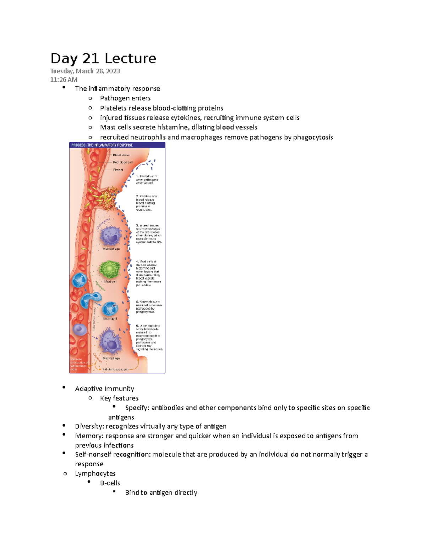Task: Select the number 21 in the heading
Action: [x=91, y=59]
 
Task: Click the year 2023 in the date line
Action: [x=113, y=71]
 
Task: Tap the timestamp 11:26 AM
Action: [x=64, y=80]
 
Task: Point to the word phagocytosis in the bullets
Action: [x=313, y=137]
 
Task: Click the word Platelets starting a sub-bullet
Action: [x=113, y=108]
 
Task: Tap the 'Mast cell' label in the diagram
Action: [x=110, y=282]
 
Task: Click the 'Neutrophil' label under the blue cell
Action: [x=110, y=318]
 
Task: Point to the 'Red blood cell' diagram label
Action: [x=122, y=162]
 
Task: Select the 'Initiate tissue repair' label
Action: [x=115, y=369]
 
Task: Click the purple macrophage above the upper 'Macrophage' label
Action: [x=111, y=235]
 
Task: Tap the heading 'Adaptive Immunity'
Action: [x=104, y=388]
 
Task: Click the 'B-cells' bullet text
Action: [x=110, y=483]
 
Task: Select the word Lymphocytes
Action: [x=95, y=473]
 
